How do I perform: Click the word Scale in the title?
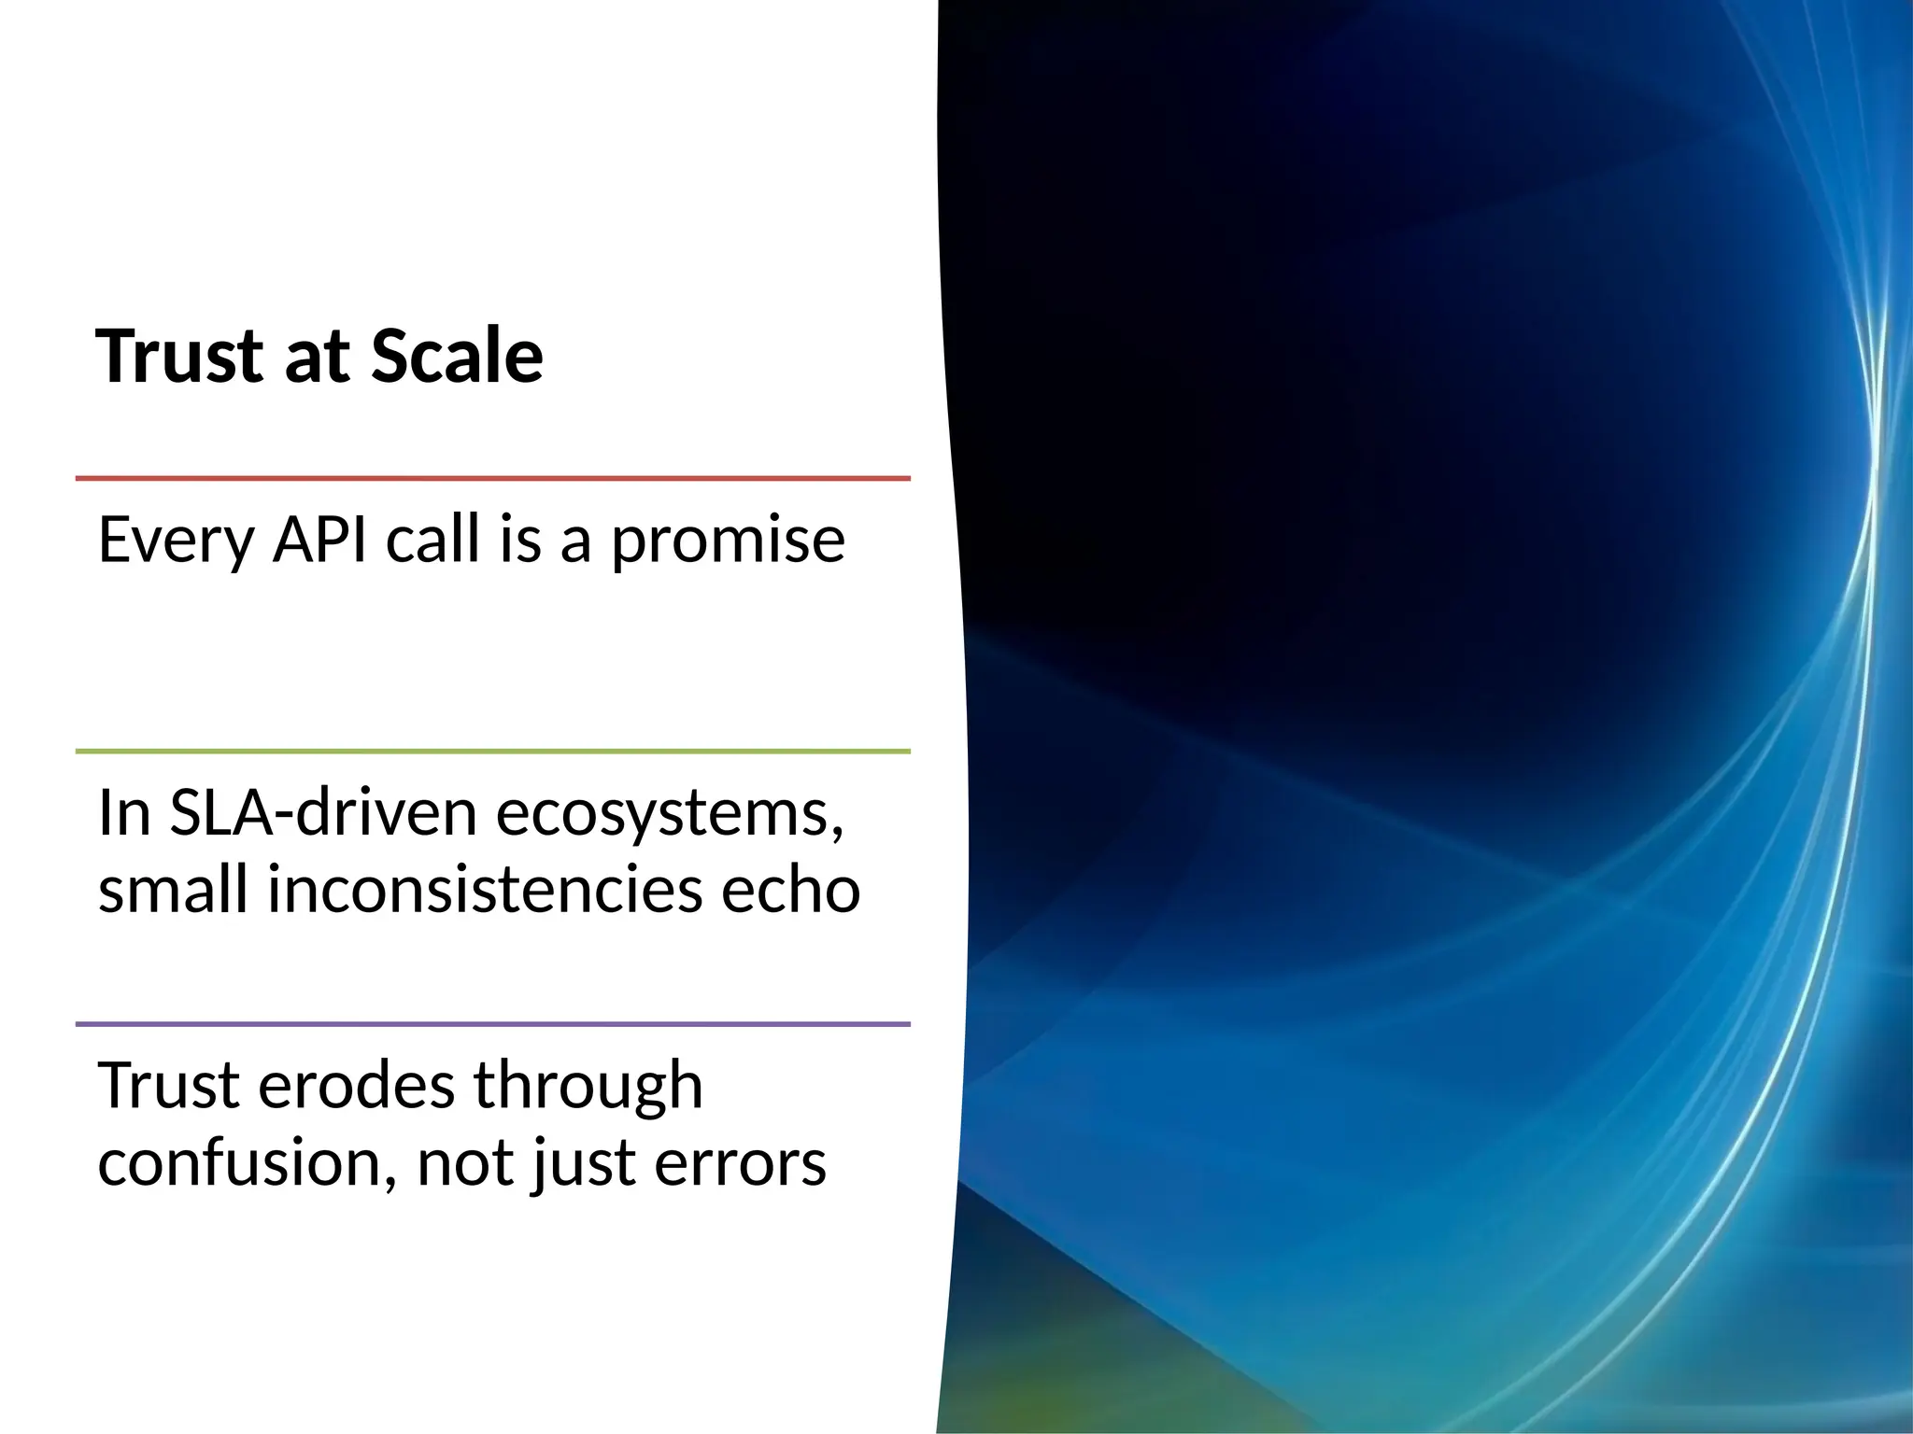tap(457, 357)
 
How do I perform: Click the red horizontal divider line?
tap(492, 478)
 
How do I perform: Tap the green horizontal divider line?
tap(492, 751)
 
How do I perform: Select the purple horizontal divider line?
tap(492, 1024)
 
